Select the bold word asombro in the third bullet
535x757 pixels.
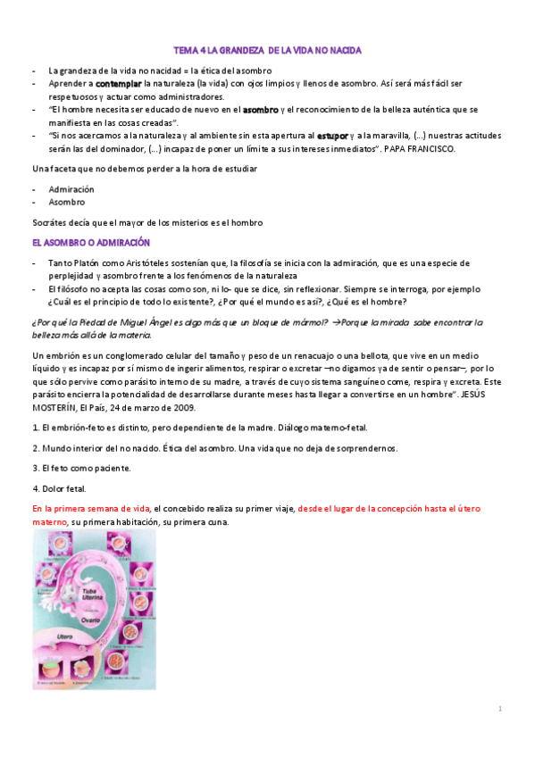point(261,109)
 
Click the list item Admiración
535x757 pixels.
point(71,189)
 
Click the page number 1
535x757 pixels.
point(501,708)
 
